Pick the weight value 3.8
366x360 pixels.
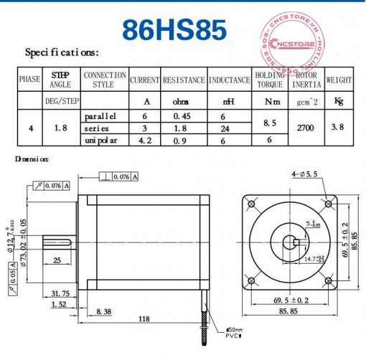339,127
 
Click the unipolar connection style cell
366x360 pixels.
103,139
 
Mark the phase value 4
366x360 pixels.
30,128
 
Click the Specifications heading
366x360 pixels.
62,52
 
